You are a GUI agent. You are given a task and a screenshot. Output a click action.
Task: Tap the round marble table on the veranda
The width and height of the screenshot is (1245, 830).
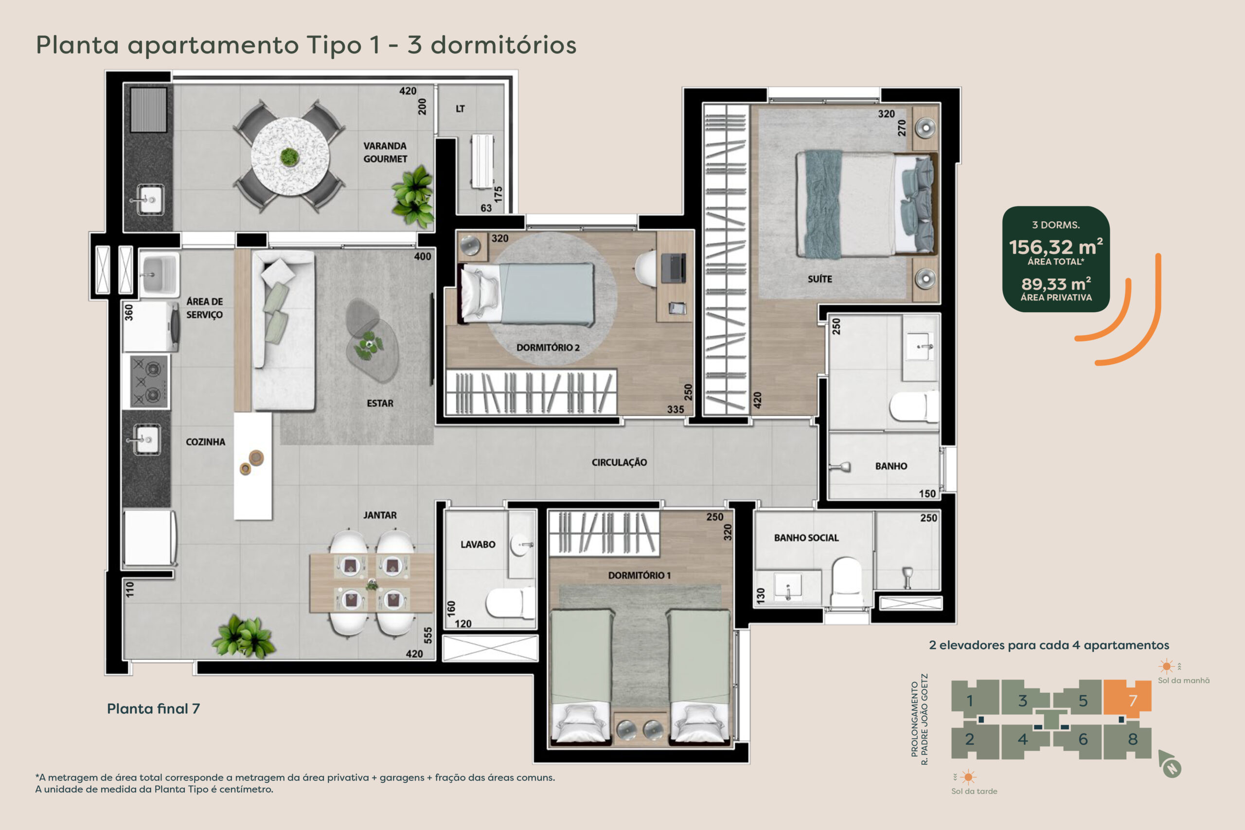tap(290, 157)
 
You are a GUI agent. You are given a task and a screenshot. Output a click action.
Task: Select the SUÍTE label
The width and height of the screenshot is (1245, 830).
tap(820, 279)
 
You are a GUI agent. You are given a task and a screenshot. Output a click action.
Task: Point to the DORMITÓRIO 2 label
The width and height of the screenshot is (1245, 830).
tap(548, 348)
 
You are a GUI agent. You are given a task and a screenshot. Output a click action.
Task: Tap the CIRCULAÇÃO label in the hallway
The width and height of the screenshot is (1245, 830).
tap(619, 462)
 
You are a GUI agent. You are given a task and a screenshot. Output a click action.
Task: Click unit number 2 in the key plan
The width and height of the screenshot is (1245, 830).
tap(969, 739)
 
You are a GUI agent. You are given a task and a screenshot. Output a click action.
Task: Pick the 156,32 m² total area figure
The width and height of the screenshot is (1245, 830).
tap(1056, 247)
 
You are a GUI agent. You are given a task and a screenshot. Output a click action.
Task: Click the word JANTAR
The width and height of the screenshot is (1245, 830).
tap(380, 515)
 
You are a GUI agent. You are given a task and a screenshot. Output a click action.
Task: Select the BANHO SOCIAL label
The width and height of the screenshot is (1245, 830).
tap(806, 538)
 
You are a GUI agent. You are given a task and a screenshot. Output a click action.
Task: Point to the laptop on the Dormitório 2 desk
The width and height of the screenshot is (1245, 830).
tap(673, 268)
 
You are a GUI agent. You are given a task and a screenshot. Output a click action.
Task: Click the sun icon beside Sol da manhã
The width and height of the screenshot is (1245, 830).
tap(1166, 666)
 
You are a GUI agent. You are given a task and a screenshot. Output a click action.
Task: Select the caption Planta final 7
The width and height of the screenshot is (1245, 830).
tap(154, 709)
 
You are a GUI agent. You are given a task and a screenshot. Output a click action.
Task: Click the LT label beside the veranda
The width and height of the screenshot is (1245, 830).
tap(461, 108)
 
